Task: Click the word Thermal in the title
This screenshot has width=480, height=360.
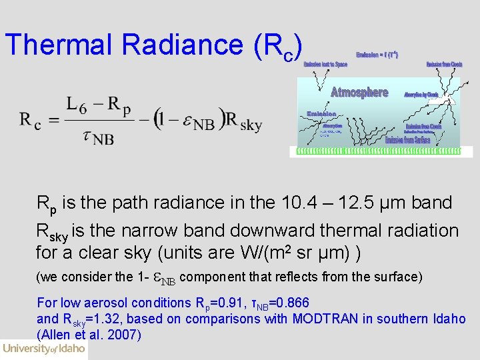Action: click(60, 44)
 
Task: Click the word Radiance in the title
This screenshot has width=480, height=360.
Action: click(183, 44)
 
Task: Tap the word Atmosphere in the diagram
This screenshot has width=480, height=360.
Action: click(359, 93)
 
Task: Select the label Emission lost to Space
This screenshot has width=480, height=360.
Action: click(325, 65)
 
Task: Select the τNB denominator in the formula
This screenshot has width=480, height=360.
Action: click(97, 137)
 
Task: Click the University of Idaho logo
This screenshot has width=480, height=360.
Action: click(44, 349)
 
